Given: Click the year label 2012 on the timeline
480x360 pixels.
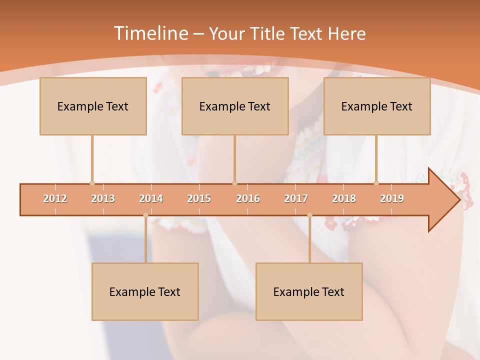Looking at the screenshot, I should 55,198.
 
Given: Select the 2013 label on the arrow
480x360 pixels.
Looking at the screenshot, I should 103,198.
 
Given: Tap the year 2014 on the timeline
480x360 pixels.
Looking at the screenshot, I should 151,198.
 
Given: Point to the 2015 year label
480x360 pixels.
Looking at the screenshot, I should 199,198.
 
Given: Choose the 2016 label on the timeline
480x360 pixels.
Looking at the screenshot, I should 248,198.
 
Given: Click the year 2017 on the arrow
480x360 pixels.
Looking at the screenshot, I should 296,198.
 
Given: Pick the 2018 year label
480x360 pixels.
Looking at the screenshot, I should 344,198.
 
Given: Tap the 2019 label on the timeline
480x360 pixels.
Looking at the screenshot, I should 392,198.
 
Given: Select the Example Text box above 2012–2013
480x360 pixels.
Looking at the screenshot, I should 93,106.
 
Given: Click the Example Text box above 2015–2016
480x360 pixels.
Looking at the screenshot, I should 235,106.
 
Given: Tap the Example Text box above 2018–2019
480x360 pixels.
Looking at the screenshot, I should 377,106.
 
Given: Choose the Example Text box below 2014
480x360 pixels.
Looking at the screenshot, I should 145,291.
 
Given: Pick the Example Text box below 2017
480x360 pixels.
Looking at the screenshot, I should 309,291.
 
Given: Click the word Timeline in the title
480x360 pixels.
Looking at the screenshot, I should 150,33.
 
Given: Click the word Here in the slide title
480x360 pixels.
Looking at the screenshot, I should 346,34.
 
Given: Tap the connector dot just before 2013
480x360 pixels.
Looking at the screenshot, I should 92,183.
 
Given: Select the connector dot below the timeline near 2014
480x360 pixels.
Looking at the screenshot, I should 145,215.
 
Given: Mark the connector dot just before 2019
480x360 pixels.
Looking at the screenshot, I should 376,183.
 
